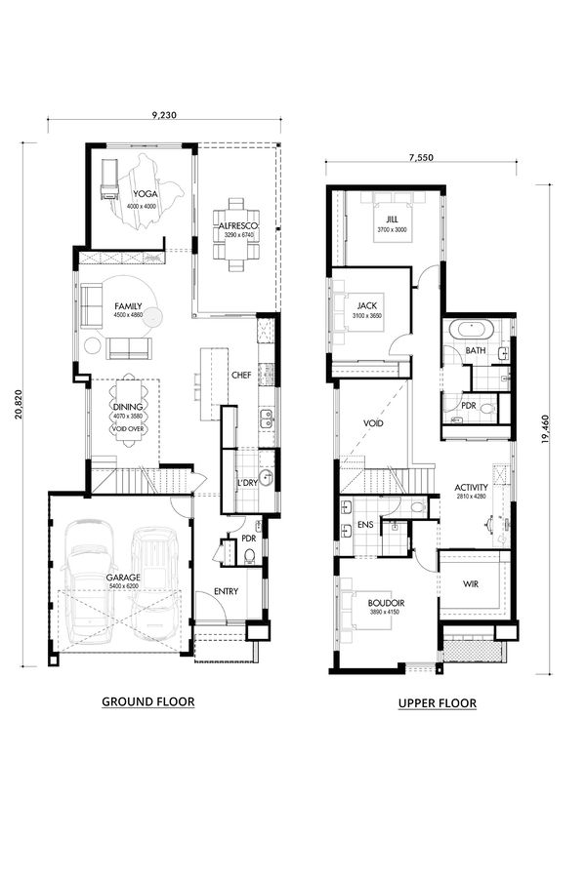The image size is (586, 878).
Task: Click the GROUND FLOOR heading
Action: tap(148, 701)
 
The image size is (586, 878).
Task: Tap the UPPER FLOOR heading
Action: tap(437, 702)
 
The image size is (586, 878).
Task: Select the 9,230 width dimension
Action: tap(163, 115)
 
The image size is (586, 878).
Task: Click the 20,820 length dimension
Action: tap(19, 403)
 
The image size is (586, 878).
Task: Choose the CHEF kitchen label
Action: tap(242, 375)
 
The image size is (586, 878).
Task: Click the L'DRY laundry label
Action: tap(246, 483)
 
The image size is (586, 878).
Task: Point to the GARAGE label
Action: tap(124, 577)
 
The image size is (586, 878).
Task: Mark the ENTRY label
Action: tap(226, 592)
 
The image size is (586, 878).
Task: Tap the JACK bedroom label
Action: tap(367, 305)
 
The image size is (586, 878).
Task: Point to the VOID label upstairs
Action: tap(373, 424)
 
